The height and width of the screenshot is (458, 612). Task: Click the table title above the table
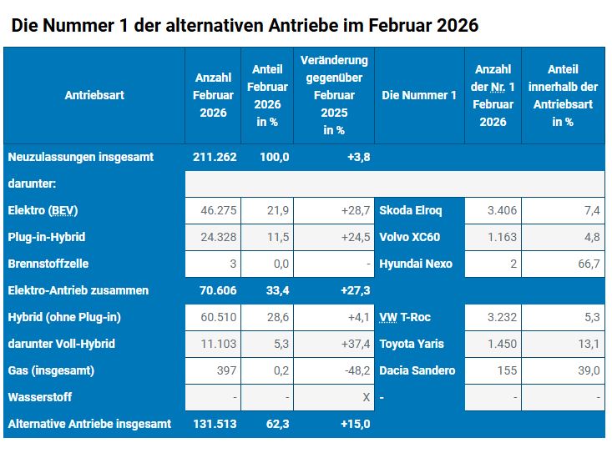[x=245, y=25]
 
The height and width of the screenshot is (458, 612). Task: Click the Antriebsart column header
[x=94, y=95]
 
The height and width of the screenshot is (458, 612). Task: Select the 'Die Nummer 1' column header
[x=419, y=95]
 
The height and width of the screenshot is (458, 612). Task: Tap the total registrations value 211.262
[x=215, y=157]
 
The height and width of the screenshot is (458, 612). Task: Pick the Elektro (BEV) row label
[x=43, y=210]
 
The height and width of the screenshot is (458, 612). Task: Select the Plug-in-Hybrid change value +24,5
[x=355, y=237]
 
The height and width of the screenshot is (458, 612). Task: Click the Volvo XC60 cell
[x=410, y=237]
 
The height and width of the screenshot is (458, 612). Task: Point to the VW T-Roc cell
[x=405, y=317]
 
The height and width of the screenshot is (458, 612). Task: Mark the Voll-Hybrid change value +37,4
[x=355, y=344]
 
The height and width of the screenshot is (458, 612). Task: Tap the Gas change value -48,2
[x=356, y=370]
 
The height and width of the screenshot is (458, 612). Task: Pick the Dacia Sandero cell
[x=417, y=370]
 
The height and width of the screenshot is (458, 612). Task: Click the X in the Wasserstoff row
[x=366, y=397]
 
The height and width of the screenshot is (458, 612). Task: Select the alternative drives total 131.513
[x=215, y=424]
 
